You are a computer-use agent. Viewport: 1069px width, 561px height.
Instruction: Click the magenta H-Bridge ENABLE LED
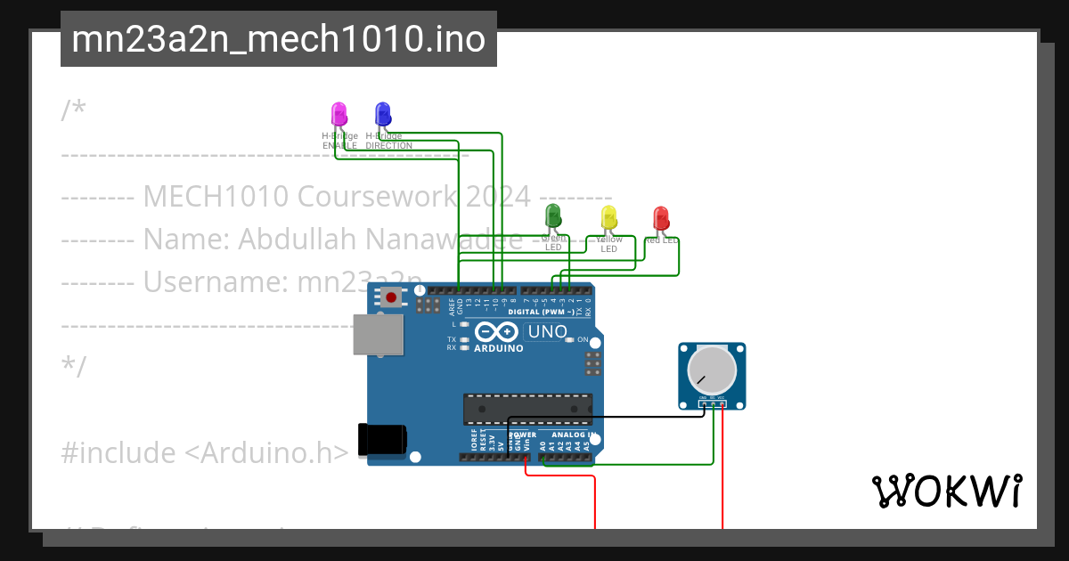click(339, 113)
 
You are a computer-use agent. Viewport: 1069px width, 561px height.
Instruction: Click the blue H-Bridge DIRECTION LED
click(382, 113)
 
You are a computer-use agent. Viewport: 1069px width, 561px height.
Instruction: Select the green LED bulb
click(552, 215)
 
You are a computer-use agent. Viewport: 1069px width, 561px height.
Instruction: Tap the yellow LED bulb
click(608, 216)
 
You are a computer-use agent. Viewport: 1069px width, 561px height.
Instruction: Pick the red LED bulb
click(660, 217)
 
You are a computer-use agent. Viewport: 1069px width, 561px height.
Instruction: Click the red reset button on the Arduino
click(391, 297)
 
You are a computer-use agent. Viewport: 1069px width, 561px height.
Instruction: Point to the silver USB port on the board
click(378, 334)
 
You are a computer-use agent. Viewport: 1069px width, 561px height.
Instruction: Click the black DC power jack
click(381, 441)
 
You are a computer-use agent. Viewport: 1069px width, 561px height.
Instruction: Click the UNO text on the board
click(548, 332)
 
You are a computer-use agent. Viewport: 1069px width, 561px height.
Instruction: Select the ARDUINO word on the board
click(499, 348)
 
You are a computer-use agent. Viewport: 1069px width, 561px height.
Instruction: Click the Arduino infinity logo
click(497, 332)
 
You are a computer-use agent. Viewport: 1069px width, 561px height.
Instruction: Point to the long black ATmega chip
click(526, 409)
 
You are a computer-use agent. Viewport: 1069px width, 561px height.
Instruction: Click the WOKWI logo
click(946, 492)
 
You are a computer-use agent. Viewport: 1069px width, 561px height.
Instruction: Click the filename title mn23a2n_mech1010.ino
click(279, 39)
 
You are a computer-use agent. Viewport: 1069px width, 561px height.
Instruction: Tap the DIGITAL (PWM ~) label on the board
click(541, 312)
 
